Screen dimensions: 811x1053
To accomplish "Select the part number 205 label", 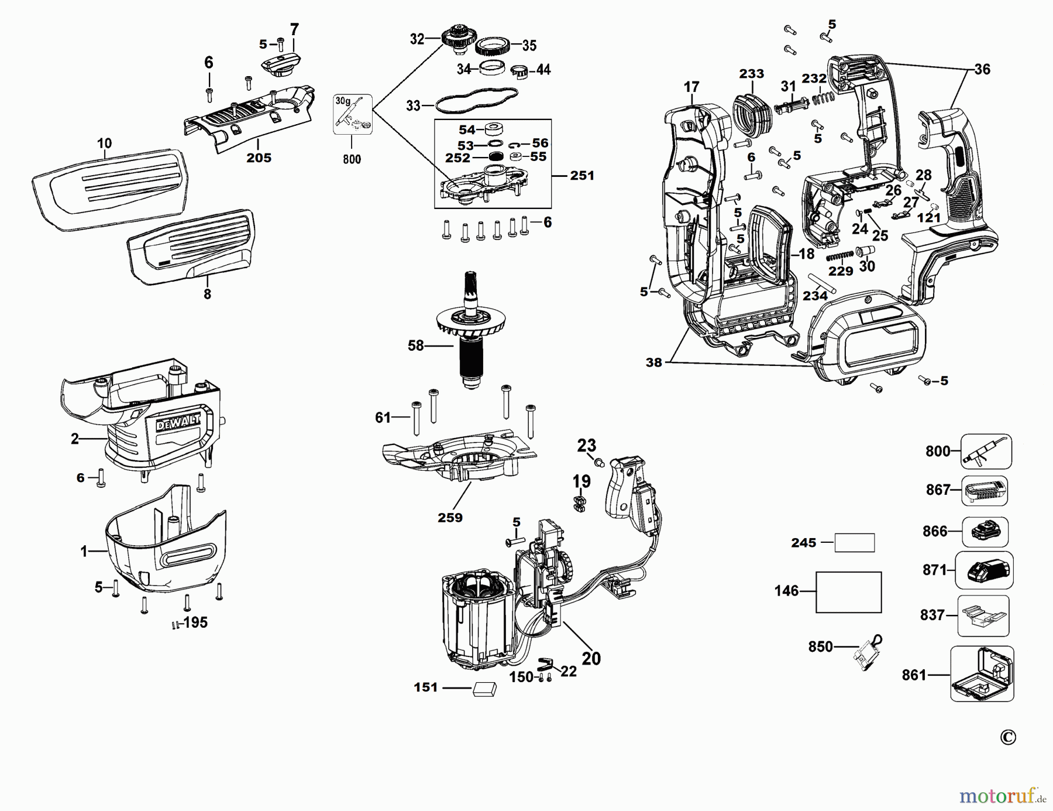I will point(259,158).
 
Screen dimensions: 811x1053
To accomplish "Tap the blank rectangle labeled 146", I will point(848,592).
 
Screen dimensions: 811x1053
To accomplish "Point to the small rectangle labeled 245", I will point(854,543).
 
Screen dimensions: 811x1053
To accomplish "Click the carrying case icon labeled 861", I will point(982,674).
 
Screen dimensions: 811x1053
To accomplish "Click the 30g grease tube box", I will point(352,114).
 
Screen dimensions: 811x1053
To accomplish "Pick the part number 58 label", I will point(415,346).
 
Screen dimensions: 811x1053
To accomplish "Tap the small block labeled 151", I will point(484,689).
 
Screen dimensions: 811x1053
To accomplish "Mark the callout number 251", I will point(581,176).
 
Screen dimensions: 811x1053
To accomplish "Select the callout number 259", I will point(450,518).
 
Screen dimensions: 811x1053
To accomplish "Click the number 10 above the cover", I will point(104,143).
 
